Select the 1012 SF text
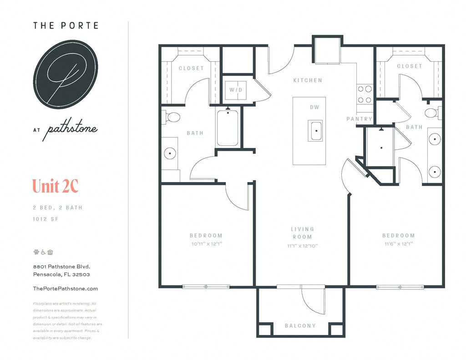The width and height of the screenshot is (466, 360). (x=46, y=219)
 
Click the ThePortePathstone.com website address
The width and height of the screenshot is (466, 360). (x=66, y=289)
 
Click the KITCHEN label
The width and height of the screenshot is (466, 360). (x=308, y=81)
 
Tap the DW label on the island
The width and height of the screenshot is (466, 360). (x=314, y=107)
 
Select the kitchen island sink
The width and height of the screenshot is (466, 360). (x=315, y=131)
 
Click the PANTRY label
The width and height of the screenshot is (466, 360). (x=359, y=119)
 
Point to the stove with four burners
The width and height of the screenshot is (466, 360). (x=365, y=94)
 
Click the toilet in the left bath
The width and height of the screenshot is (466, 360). (x=172, y=117)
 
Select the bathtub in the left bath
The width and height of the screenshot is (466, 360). (x=228, y=128)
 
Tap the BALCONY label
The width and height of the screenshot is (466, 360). (x=300, y=326)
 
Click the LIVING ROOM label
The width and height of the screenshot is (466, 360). (x=303, y=233)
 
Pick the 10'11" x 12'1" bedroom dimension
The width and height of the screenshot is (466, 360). (x=206, y=244)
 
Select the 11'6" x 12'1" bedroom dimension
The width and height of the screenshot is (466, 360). (x=398, y=244)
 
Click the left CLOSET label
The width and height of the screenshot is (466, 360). (x=191, y=68)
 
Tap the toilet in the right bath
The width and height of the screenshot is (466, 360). (x=432, y=112)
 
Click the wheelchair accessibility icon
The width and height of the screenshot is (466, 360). (x=43, y=252)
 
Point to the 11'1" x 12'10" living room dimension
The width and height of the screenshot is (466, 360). (x=303, y=246)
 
